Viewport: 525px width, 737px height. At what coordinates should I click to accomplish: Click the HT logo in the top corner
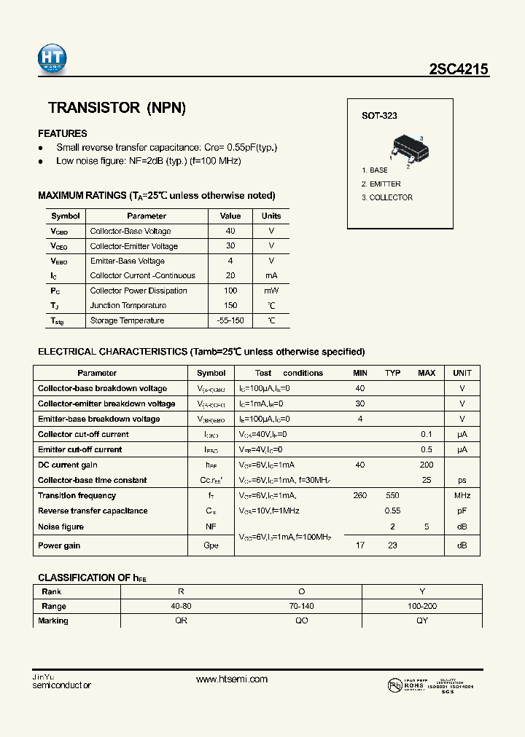click(52, 58)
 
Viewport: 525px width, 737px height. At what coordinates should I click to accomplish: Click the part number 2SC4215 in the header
click(459, 69)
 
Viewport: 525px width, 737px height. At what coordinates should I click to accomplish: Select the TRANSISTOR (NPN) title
click(117, 108)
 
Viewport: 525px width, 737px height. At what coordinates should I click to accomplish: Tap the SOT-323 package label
click(379, 116)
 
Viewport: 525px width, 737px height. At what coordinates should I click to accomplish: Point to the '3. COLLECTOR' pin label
click(387, 197)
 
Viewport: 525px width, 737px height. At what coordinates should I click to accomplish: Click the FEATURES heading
click(62, 133)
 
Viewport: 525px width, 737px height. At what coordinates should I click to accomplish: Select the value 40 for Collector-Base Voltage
click(230, 231)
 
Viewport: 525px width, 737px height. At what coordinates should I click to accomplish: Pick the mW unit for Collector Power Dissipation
click(271, 291)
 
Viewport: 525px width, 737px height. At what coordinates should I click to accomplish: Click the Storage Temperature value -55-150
click(230, 320)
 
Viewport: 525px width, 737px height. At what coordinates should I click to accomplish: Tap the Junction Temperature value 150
click(230, 306)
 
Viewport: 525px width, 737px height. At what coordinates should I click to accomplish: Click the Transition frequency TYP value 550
click(392, 495)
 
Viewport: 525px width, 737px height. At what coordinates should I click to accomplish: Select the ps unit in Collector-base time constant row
click(462, 480)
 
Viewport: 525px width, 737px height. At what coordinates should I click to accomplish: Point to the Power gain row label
click(59, 545)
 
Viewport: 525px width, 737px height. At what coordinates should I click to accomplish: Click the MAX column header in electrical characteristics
click(427, 373)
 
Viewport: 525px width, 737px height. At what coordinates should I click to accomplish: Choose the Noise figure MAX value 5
click(427, 527)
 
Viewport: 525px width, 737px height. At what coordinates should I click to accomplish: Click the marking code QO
click(302, 620)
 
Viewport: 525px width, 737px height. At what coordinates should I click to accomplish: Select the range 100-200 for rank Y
click(421, 606)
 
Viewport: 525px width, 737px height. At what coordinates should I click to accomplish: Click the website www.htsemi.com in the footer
click(232, 679)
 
